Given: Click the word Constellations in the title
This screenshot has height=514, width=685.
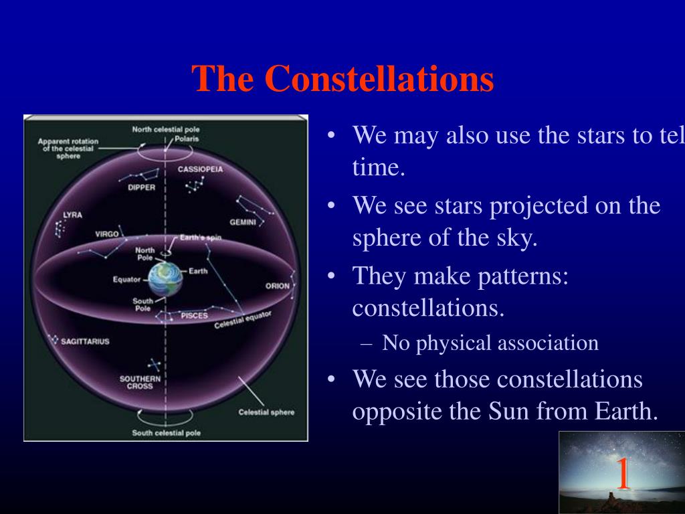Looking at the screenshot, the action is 379,79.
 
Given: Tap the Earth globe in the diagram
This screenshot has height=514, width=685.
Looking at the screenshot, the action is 165,280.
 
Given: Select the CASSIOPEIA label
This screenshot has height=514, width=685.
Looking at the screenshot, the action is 200,169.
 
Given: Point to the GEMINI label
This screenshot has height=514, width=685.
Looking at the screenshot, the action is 242,222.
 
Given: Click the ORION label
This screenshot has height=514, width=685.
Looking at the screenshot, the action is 278,286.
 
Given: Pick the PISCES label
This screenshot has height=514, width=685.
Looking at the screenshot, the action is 195,316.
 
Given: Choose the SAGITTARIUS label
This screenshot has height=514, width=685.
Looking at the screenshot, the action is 85,341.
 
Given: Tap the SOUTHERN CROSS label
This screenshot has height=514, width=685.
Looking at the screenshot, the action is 140,382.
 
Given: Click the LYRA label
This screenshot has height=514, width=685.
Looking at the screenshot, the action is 72,215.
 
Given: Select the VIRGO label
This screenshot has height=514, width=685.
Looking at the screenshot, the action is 107,234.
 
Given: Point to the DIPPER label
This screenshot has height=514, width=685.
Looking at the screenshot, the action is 142,187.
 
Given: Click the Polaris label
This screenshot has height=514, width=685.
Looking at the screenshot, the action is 187,139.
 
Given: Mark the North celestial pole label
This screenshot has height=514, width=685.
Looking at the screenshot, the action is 166,129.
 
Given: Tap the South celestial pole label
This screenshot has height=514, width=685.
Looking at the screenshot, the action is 167,433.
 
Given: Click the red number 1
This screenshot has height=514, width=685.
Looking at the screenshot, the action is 623,473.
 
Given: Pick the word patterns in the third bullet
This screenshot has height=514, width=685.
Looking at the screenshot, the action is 523,277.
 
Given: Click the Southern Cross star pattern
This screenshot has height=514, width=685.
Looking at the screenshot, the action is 155,364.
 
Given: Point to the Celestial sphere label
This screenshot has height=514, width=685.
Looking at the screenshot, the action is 266,412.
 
